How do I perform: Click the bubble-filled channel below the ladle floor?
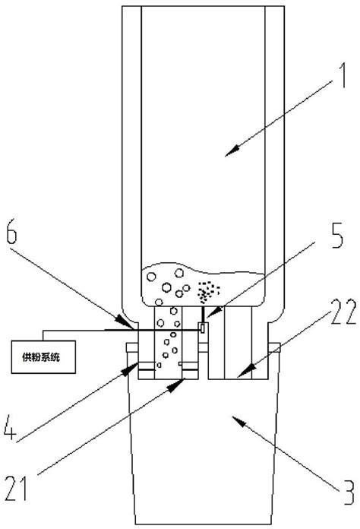pyautogui.click(x=169, y=342)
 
